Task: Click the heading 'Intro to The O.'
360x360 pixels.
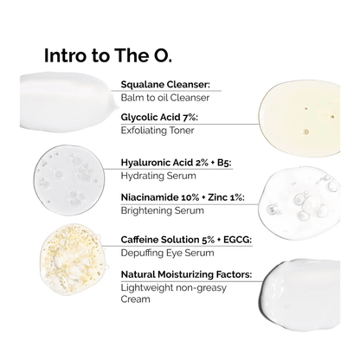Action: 107,57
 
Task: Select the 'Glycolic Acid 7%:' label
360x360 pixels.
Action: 167,118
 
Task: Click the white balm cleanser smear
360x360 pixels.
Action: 66,95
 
